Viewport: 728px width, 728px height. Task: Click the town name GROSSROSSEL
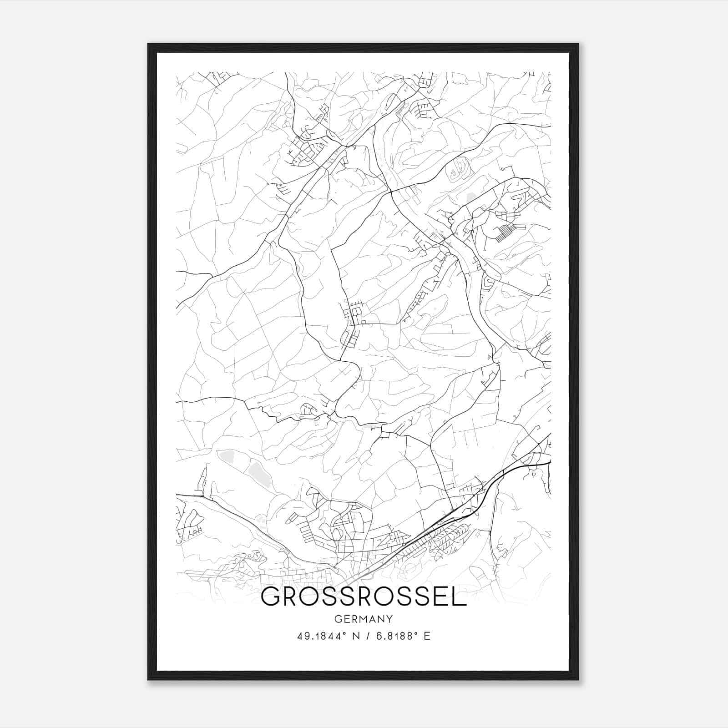(x=364, y=597)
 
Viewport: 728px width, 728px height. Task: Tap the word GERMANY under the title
(x=364, y=619)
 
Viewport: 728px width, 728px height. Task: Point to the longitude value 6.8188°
(x=395, y=636)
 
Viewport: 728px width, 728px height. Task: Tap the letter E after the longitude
(x=427, y=636)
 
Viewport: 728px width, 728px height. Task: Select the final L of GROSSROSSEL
(x=460, y=597)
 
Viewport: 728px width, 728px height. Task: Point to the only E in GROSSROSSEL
(x=442, y=597)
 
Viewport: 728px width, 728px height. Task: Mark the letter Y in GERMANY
(x=389, y=619)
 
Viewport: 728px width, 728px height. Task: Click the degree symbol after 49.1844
(x=342, y=634)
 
